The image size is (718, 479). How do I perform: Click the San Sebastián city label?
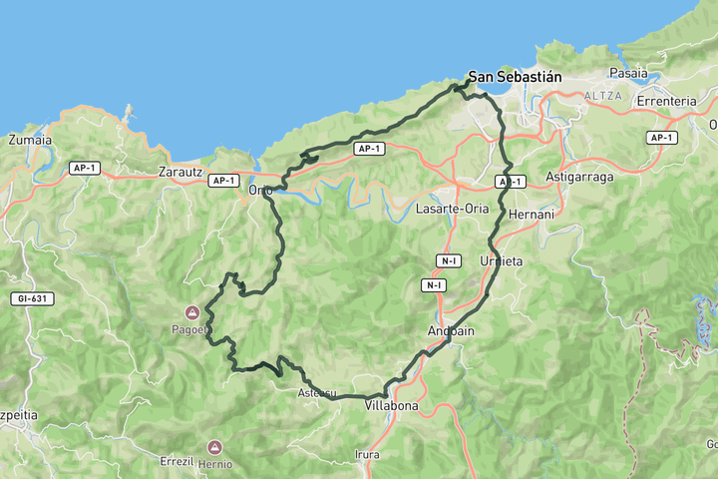516,77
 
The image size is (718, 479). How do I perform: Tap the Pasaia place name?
628,73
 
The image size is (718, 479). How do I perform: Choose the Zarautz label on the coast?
180,172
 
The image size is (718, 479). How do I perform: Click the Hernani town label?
530,215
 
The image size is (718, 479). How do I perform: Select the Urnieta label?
501,260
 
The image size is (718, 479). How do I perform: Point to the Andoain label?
450,330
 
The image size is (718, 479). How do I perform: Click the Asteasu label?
316,393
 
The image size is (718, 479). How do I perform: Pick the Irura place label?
367,455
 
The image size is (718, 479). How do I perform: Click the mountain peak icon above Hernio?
214,447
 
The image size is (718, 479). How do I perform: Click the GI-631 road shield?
34,298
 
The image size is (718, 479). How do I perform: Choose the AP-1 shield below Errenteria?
662,138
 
